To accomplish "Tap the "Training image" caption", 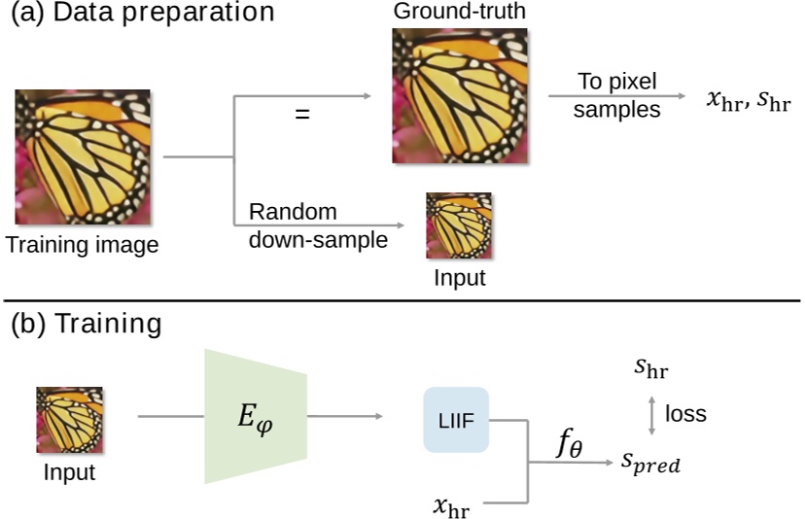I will coord(82,245).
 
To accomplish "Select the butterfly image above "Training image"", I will coord(82,156).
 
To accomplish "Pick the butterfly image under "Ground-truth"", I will coord(460,94).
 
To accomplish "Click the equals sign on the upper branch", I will coord(302,114).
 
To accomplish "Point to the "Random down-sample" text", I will coord(318,225).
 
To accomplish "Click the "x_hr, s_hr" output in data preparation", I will coord(746,100).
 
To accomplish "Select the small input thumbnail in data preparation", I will coord(459,225).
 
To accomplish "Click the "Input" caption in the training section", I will coord(69,472).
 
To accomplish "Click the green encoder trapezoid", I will coord(256,417).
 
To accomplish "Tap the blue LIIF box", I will coord(455,420).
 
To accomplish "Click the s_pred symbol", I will coord(650,465).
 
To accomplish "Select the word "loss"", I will coord(685,414).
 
